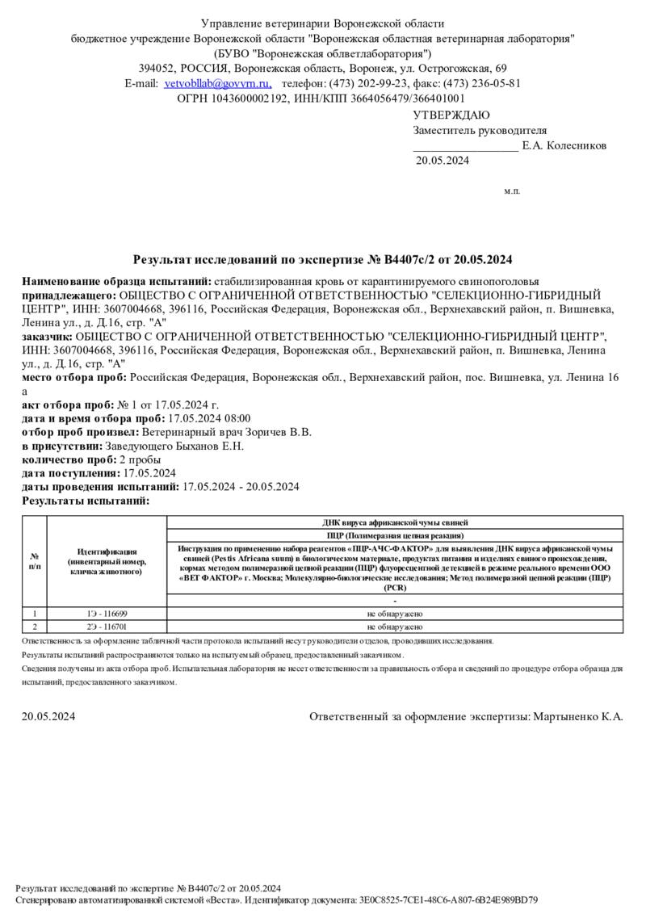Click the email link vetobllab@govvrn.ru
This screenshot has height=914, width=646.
tap(217, 83)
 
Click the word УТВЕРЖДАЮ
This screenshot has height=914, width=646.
tap(451, 115)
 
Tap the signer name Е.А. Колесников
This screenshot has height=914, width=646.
tap(564, 146)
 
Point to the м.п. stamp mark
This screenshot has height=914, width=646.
tap(512, 191)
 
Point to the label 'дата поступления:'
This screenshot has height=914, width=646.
tap(70, 473)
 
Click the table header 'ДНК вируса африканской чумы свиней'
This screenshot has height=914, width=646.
tap(395, 523)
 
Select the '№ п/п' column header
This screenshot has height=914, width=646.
tap(35, 561)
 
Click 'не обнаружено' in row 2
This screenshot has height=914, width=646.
tap(395, 627)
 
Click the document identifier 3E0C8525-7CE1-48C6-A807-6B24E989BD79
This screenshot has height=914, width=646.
tap(447, 899)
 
